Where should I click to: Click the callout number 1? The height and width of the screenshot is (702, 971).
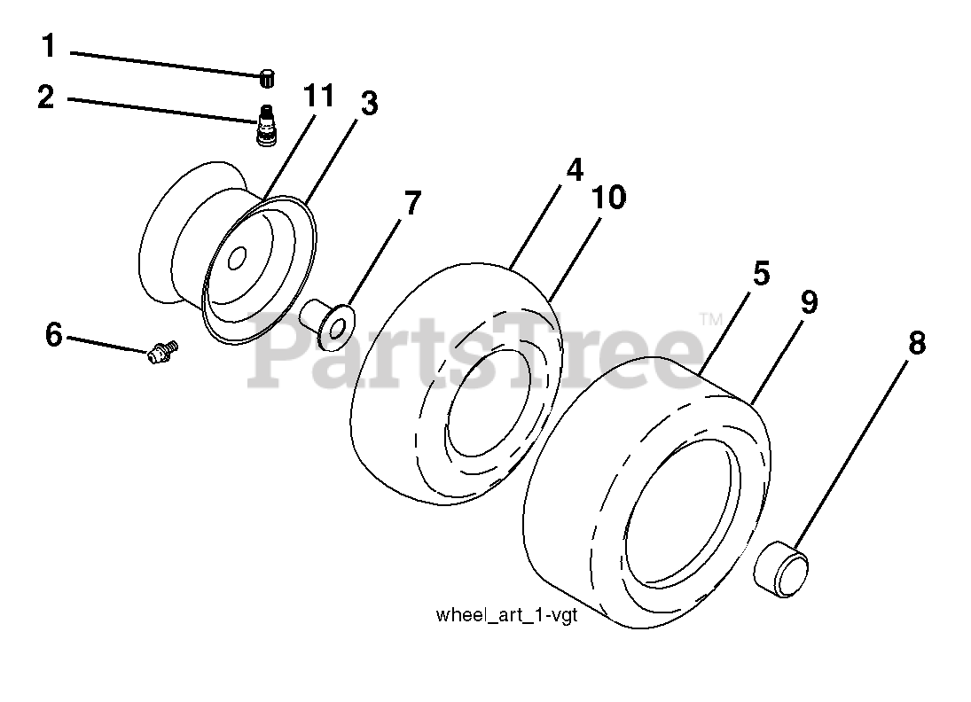(48, 46)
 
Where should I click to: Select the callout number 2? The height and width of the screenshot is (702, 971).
(46, 97)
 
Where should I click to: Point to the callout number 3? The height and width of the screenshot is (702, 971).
(369, 104)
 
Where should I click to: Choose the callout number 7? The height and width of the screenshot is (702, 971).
(412, 204)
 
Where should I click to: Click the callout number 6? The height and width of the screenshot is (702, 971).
(54, 336)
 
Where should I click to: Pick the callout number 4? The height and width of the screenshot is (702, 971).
(576, 169)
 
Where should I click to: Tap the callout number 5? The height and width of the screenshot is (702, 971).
(761, 273)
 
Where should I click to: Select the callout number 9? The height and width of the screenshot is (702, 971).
(808, 302)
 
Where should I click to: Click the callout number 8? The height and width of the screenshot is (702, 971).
(916, 343)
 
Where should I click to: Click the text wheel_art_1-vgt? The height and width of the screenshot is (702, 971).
(506, 616)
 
